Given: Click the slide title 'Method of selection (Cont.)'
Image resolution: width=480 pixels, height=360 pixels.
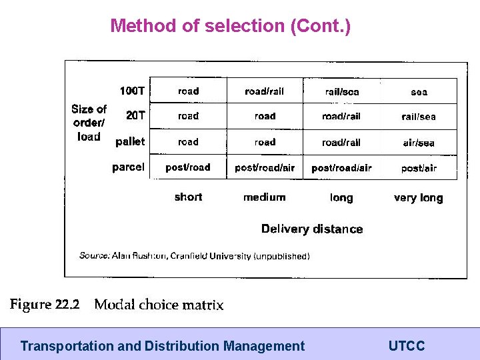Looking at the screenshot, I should point(230,26).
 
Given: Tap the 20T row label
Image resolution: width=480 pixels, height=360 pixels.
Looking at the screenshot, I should point(135,115).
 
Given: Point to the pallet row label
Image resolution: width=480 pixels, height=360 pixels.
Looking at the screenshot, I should point(130,141).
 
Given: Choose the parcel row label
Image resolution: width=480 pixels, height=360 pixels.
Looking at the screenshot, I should point(128,167).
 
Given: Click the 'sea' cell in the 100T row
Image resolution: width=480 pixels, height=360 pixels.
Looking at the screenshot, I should point(419,92).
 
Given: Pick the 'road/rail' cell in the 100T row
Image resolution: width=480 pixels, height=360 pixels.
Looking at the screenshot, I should point(265,91).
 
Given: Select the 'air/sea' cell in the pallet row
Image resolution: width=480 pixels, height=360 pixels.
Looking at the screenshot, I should point(419,143).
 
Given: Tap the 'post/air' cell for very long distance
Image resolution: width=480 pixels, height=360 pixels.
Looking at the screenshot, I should point(419,168).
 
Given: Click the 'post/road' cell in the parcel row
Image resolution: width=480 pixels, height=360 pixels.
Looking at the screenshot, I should point(188,168).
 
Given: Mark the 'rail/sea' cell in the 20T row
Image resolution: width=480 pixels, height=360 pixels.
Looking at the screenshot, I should point(419,117).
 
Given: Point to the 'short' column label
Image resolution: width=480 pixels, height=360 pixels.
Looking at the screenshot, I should point(188,197).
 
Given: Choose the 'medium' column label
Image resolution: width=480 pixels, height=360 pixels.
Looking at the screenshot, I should point(265,197).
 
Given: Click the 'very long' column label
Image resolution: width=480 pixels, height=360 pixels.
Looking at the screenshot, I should point(418,197).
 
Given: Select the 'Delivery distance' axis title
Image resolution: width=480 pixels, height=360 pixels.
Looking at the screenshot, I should point(312,229).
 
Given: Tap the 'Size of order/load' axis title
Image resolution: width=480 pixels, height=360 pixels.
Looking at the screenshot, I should point(89,123).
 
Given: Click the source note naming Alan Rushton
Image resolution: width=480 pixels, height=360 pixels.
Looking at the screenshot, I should point(194,255).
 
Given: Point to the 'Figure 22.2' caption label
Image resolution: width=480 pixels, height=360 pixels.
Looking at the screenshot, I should point(45,305).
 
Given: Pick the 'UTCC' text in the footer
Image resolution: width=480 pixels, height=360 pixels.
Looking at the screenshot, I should point(406,346).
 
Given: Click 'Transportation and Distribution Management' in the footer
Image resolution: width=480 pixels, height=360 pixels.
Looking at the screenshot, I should point(163,346).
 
